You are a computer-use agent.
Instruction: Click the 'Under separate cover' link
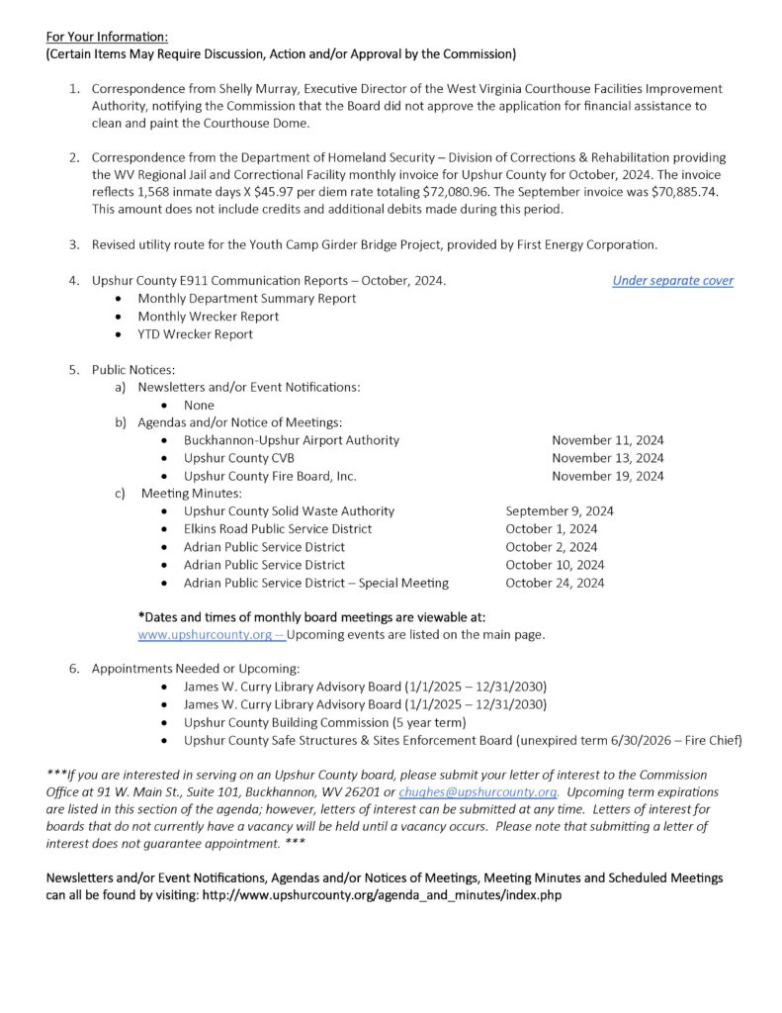click(x=672, y=281)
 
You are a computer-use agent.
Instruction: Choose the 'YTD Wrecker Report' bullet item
click(x=195, y=334)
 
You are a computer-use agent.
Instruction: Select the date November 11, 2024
click(x=607, y=440)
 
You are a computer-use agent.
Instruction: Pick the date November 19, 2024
click(x=607, y=476)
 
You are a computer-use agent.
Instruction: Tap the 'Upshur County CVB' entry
click(x=238, y=458)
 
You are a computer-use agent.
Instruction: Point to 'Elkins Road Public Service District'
click(x=278, y=529)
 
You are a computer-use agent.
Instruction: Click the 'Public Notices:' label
click(x=133, y=369)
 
